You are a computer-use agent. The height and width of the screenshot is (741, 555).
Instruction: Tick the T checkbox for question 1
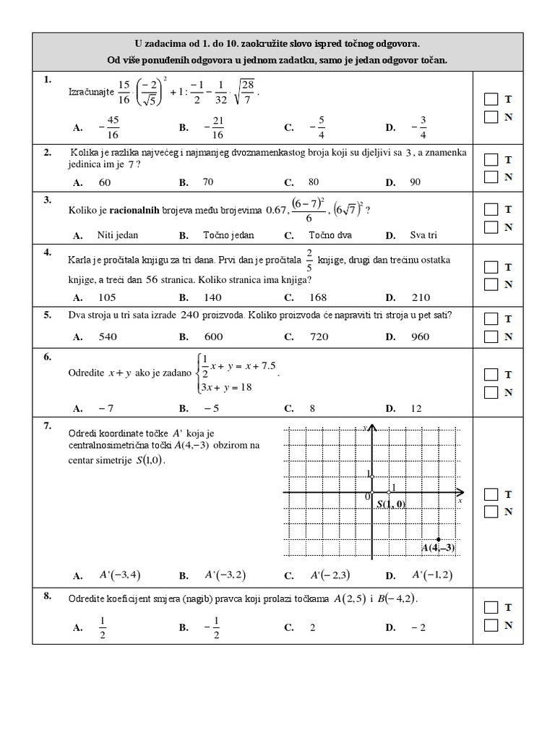point(491,99)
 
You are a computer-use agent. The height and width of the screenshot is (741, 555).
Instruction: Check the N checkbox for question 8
point(491,625)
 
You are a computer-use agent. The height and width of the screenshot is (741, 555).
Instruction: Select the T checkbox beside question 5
point(491,318)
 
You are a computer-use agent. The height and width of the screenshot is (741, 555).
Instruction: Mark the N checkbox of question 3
point(491,227)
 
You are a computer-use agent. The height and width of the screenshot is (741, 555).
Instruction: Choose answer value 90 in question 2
point(415,182)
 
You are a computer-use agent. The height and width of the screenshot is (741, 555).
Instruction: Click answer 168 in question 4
point(318,297)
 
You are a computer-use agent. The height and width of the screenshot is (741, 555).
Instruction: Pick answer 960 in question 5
point(419,336)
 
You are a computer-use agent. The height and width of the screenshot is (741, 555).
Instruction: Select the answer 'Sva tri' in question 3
point(423,235)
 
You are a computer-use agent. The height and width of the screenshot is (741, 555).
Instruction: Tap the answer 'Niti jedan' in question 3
point(117,235)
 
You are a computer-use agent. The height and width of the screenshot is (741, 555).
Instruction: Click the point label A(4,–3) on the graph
point(439,548)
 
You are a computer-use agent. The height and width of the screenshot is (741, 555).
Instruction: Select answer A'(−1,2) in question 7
point(431,575)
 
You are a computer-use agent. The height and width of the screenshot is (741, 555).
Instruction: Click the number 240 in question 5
point(189,315)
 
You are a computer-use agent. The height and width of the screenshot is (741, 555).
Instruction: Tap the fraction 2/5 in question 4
point(309,259)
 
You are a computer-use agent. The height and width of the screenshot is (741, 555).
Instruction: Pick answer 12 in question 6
point(416,409)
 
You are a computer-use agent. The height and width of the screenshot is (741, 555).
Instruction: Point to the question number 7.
point(47,425)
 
